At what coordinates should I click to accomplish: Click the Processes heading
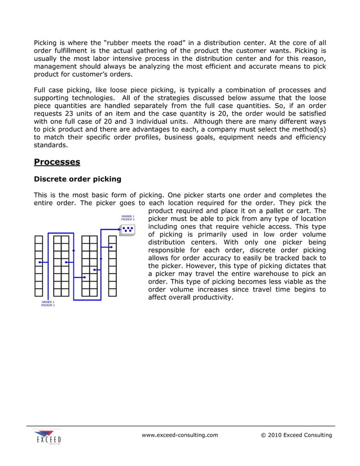(57, 162)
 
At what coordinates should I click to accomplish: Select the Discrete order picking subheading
(77, 179)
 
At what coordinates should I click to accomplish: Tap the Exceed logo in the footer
(47, 437)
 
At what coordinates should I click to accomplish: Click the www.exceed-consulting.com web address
(179, 435)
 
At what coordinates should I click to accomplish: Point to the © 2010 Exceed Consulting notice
(296, 435)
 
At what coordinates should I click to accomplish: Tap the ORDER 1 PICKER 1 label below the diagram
(48, 304)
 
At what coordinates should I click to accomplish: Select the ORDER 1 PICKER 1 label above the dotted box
(128, 217)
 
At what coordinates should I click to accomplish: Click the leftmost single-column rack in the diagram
(39, 266)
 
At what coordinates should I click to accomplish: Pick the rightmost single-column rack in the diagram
(112, 266)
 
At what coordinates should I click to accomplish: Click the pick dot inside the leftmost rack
(39, 262)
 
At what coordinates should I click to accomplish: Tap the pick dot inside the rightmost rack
(112, 247)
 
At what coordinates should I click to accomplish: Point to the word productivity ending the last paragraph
(210, 297)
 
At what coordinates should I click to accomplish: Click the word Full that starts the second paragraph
(41, 90)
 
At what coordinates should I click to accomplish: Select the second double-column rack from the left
(90, 266)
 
